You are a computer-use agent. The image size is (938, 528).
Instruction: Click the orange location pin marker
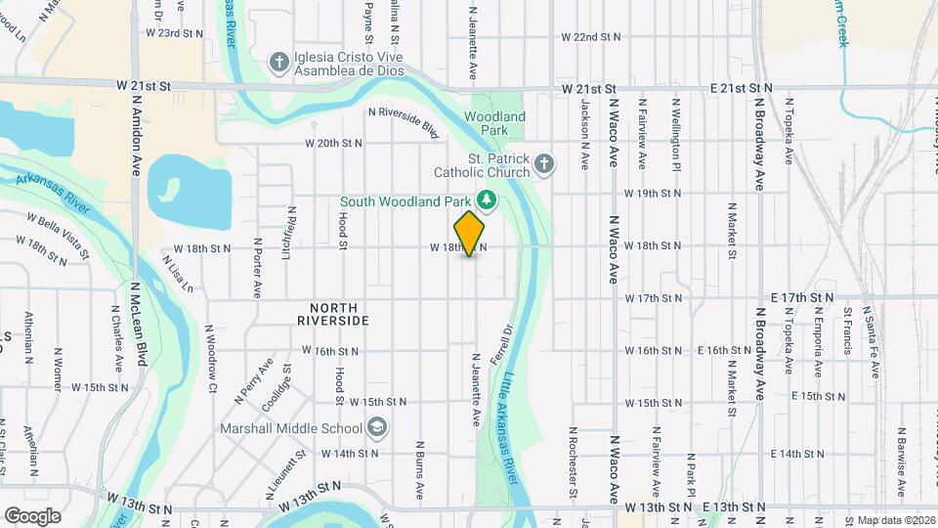(x=470, y=233)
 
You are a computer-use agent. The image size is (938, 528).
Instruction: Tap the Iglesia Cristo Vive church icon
(x=279, y=62)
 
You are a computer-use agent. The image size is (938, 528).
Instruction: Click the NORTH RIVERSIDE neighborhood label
(x=333, y=314)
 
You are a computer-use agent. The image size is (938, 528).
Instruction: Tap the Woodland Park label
(x=494, y=123)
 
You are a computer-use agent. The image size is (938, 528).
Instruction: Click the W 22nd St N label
(x=591, y=36)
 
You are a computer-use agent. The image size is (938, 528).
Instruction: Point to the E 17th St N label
(x=802, y=296)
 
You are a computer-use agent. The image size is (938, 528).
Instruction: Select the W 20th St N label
(x=333, y=143)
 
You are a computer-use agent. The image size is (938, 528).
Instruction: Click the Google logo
(x=32, y=515)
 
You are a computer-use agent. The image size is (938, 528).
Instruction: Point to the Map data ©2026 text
(x=894, y=520)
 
